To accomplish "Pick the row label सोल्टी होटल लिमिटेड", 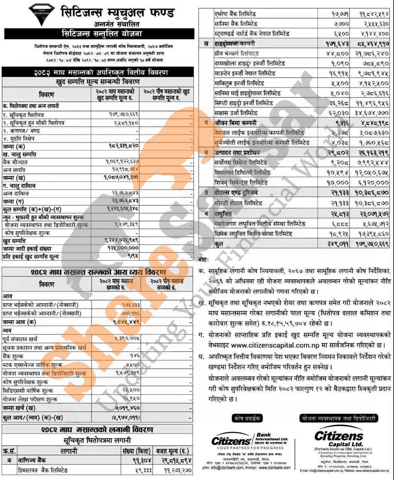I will click(241, 203).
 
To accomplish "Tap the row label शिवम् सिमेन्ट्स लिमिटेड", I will click(241, 183).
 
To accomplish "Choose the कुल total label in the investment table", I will click(219, 244).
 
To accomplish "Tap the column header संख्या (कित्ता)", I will click(136, 451).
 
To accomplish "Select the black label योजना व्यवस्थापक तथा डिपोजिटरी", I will click(338, 418).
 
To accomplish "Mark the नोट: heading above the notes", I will click(204, 259).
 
